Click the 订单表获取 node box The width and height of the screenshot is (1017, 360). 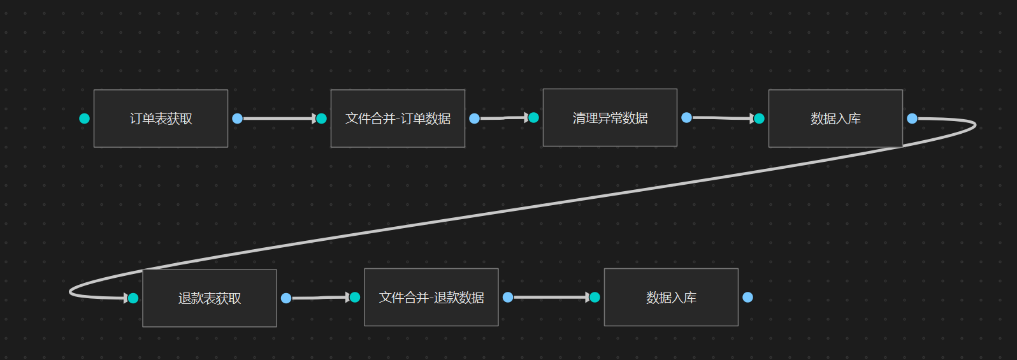point(161,119)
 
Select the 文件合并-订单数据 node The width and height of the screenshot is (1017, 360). point(398,119)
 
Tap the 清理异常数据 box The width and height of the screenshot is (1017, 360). point(610,118)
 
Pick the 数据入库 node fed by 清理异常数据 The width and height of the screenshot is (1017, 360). point(835,119)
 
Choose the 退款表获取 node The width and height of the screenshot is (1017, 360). point(210,298)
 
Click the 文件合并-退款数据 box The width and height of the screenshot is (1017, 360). point(431,298)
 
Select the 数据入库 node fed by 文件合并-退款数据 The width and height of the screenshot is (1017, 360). point(671,298)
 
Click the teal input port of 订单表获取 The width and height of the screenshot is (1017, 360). point(84,119)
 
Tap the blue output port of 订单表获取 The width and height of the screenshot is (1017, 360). point(238,119)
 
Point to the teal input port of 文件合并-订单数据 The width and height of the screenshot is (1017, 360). point(321,119)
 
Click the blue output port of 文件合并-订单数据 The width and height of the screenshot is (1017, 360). point(474,119)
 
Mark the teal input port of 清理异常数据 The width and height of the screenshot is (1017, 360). point(533,117)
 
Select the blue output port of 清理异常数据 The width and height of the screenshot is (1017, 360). point(686,117)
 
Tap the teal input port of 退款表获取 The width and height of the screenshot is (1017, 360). point(133,298)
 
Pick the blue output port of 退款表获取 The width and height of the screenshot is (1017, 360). point(286,298)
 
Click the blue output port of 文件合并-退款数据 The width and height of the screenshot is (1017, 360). point(508,297)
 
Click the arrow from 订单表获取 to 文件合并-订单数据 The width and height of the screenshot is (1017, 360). point(278,119)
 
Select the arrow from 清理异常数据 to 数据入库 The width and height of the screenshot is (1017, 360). point(722,118)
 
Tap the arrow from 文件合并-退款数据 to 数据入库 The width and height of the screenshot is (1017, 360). point(551,297)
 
